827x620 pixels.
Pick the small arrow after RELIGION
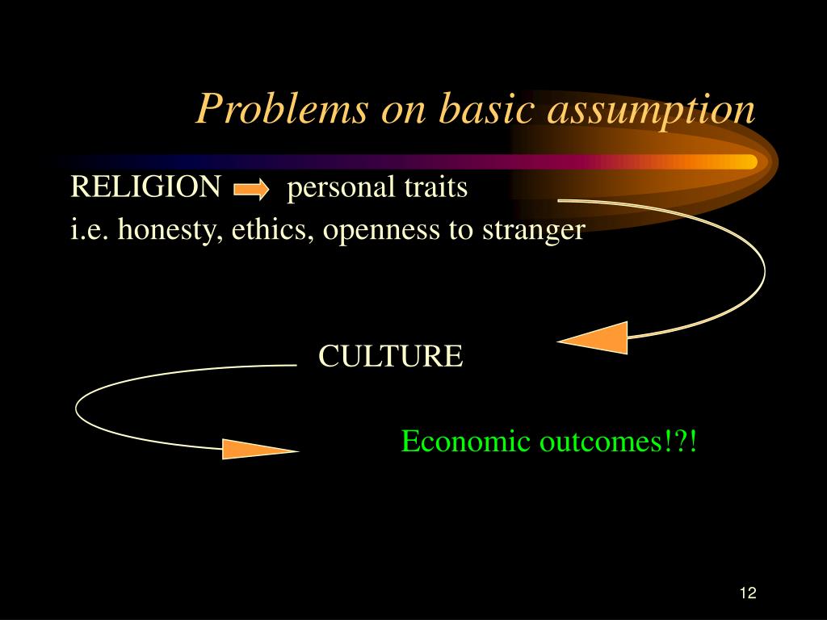click(x=251, y=190)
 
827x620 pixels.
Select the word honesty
click(x=172, y=231)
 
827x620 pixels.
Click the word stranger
click(x=533, y=231)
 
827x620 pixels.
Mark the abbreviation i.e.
click(x=90, y=230)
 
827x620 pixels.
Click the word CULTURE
click(x=391, y=356)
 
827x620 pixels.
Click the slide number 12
click(x=747, y=593)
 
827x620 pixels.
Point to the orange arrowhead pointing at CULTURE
click(x=598, y=337)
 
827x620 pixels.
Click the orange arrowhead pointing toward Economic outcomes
click(x=257, y=449)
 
